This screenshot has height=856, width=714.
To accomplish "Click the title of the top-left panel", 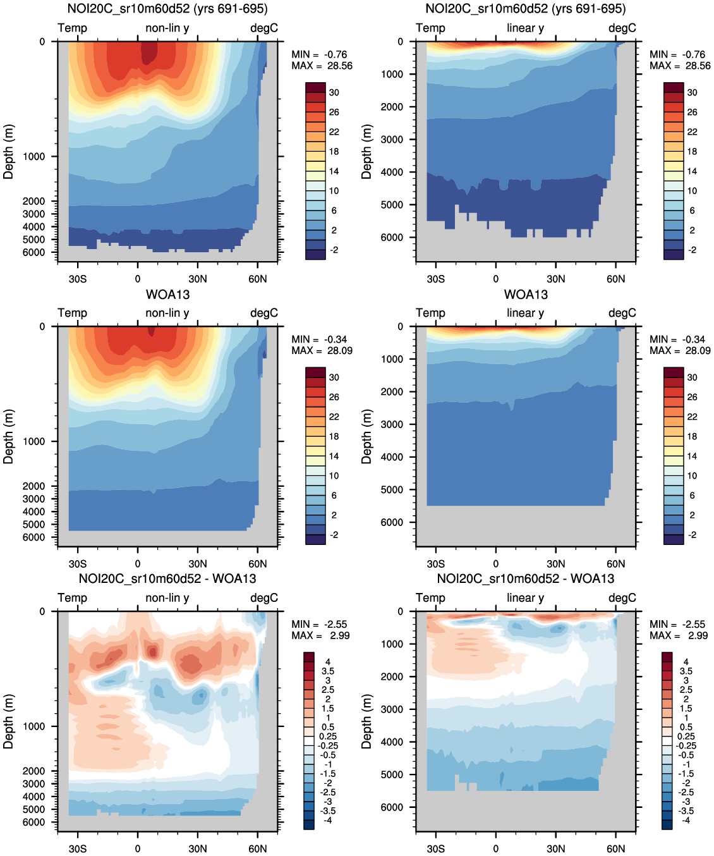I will (x=167, y=9).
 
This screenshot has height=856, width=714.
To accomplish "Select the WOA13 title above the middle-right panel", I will (x=526, y=295).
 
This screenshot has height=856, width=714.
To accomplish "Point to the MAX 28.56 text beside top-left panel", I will (x=322, y=66).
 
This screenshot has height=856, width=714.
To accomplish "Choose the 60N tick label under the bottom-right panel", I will (x=616, y=848).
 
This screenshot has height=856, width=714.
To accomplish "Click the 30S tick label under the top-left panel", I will (x=78, y=279).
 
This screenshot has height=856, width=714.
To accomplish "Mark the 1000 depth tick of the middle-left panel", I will (x=34, y=441).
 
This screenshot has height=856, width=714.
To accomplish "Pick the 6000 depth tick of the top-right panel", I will (x=392, y=238).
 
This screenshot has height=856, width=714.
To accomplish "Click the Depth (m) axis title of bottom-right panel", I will (x=366, y=721).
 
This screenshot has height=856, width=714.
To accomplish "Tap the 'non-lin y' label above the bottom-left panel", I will (x=167, y=597).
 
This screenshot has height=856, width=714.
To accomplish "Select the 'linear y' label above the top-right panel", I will (x=525, y=28).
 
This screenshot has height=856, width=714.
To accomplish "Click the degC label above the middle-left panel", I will (x=264, y=313).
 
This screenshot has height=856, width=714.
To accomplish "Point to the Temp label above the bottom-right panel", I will (x=430, y=597).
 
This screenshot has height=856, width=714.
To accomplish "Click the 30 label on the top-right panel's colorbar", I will (x=693, y=92).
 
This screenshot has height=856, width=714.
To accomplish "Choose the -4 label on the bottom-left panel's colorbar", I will (x=328, y=820).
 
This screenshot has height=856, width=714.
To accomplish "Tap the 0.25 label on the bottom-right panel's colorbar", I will (x=686, y=736).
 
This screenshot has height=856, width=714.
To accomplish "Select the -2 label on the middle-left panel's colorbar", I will (x=334, y=535).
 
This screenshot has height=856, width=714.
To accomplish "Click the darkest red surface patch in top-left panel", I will (x=148, y=52).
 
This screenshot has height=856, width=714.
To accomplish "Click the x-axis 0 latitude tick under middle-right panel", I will (x=496, y=564).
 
